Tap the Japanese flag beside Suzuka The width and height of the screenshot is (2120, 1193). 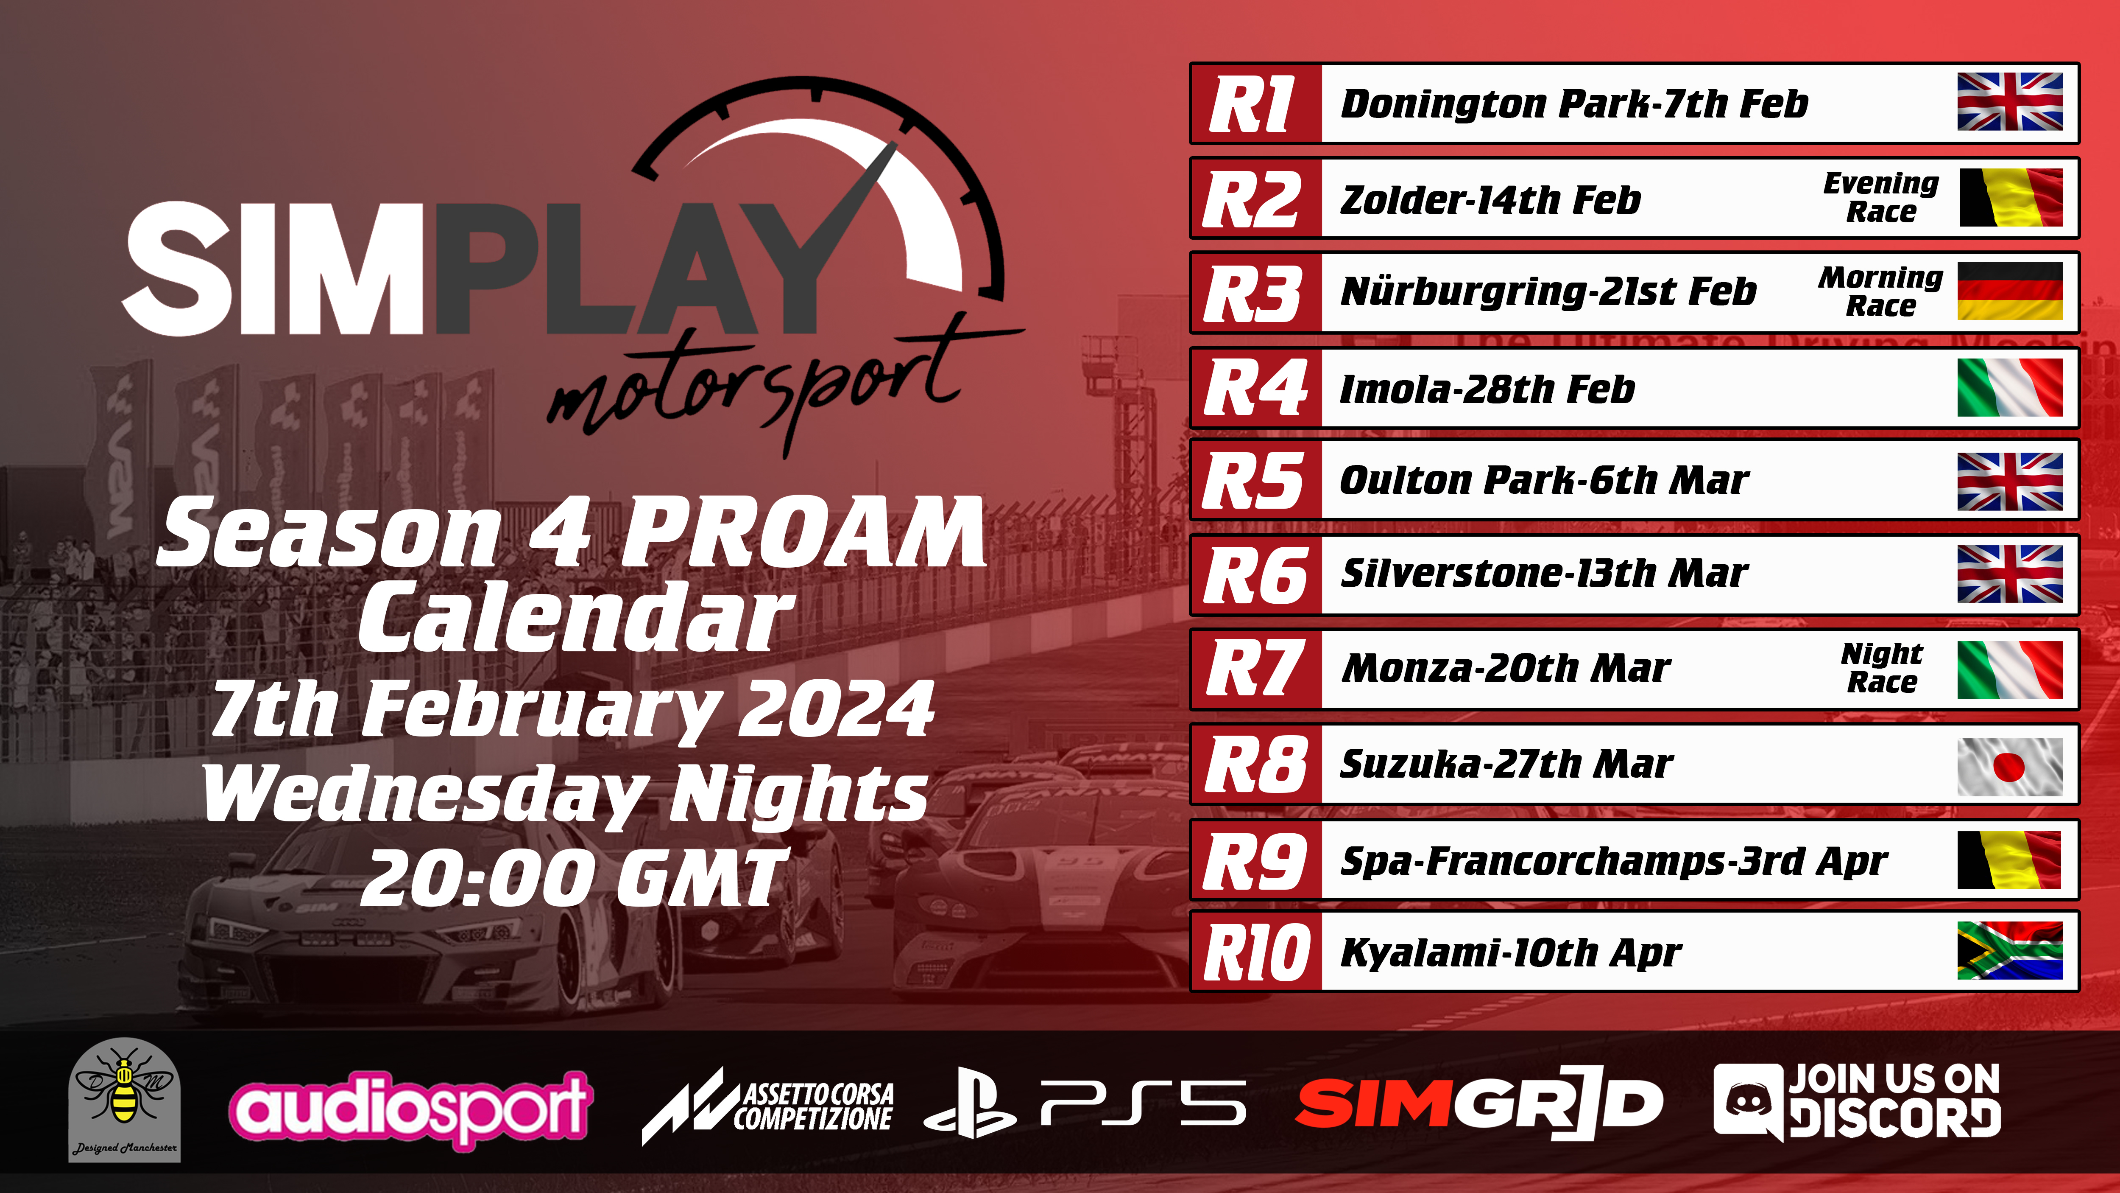[x=2010, y=767]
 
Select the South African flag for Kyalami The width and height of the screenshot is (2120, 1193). [x=2010, y=950]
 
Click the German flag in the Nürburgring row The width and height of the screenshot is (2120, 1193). [x=2010, y=291]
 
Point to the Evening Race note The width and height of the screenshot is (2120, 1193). [x=1881, y=198]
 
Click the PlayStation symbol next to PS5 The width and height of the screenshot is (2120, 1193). [x=969, y=1103]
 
